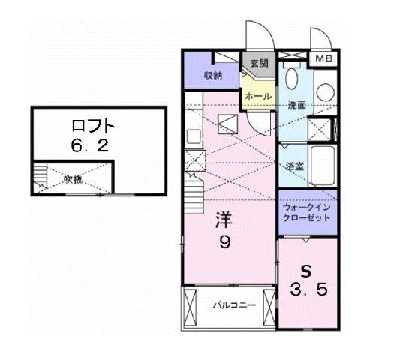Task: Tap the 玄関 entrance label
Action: (x=259, y=64)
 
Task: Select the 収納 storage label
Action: (x=212, y=75)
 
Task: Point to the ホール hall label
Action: (x=257, y=97)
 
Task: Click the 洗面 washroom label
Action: (x=296, y=106)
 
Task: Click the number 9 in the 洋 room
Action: (x=224, y=242)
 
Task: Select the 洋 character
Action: (x=224, y=220)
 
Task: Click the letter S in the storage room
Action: (x=306, y=270)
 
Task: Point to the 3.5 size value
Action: (x=308, y=289)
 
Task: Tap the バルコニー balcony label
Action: (x=233, y=305)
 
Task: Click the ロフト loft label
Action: (x=91, y=124)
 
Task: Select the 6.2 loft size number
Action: (x=91, y=145)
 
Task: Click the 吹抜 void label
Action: (x=72, y=178)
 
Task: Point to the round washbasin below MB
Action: (x=325, y=91)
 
